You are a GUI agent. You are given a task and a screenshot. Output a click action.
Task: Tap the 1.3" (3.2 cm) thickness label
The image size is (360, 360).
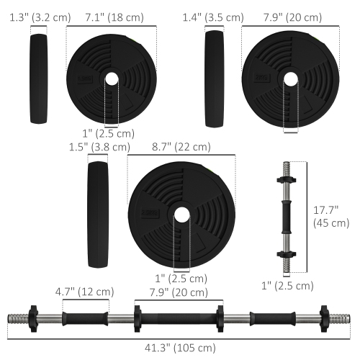click(x=30, y=17)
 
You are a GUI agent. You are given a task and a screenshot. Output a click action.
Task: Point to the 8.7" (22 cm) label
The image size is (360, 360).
click(x=180, y=147)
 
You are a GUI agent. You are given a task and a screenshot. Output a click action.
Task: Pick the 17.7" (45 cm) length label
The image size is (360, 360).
click(x=328, y=216)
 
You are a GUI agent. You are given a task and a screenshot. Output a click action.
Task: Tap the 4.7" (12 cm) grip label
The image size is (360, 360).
click(x=85, y=292)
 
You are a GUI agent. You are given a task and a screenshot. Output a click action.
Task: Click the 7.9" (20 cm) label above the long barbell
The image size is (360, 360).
click(x=171, y=292)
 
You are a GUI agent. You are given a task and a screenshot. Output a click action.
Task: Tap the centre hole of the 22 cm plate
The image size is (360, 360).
click(x=181, y=214)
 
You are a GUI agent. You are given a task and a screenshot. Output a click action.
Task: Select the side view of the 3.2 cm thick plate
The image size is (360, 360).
click(x=37, y=79)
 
